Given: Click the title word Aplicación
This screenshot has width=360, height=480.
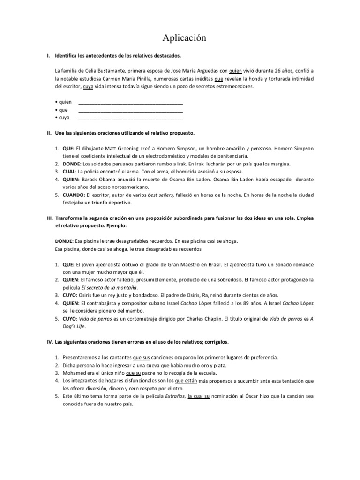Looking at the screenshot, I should coord(180,37).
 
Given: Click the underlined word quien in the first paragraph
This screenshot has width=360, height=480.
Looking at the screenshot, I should coord(236,71).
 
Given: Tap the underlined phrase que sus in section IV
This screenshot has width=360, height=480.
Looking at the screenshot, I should coord(141,357).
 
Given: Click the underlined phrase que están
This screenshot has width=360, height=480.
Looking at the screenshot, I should coord(186,380).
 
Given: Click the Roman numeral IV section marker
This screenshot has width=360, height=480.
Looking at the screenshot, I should coord(49,342).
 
